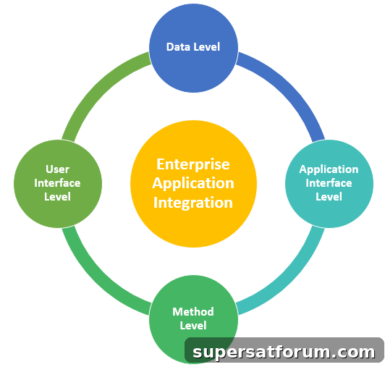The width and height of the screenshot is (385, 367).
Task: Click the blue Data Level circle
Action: [193, 48]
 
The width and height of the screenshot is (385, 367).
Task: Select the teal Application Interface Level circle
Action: [329, 184]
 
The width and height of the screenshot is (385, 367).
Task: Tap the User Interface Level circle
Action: [58, 184]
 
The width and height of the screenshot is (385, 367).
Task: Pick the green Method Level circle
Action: [193, 319]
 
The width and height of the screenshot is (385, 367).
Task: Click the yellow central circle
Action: [193, 184]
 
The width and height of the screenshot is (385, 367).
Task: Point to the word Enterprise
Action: [193, 164]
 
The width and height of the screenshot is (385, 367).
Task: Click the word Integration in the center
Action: [193, 203]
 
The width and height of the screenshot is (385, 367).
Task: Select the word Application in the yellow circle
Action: [193, 184]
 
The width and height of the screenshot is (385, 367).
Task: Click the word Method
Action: [193, 312]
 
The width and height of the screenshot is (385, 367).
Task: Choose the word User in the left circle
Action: [58, 169]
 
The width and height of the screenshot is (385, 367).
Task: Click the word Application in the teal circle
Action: [329, 169]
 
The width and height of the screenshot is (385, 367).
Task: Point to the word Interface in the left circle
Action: [57, 183]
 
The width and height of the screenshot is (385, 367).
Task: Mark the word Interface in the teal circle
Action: [329, 183]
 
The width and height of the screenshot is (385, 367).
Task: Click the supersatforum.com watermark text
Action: [284, 352]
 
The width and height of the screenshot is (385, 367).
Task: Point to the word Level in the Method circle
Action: [193, 326]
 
